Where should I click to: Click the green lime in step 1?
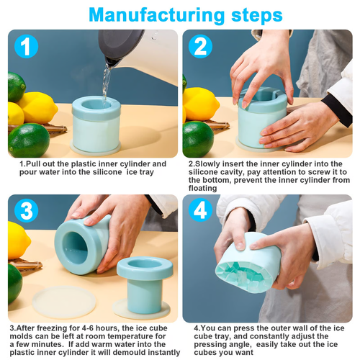[x=29, y=140]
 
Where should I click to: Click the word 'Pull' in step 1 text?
[x=37, y=164]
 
